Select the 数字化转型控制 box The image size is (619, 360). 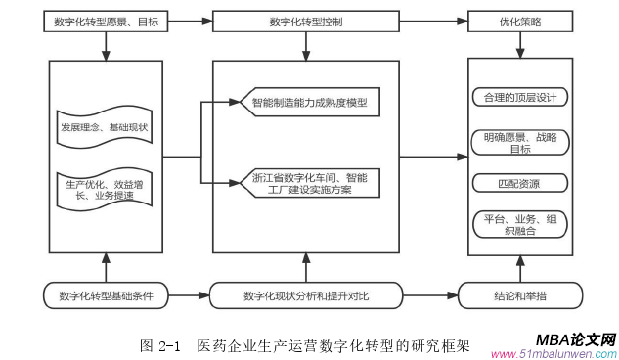pos(304,21)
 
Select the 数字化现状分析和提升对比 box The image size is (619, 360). pos(305,293)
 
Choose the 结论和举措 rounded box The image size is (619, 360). pos(519,293)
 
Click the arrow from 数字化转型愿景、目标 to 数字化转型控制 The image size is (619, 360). pos(191,21)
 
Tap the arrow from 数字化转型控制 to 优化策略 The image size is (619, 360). pos(432,21)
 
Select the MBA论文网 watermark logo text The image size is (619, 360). pos(575,337)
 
